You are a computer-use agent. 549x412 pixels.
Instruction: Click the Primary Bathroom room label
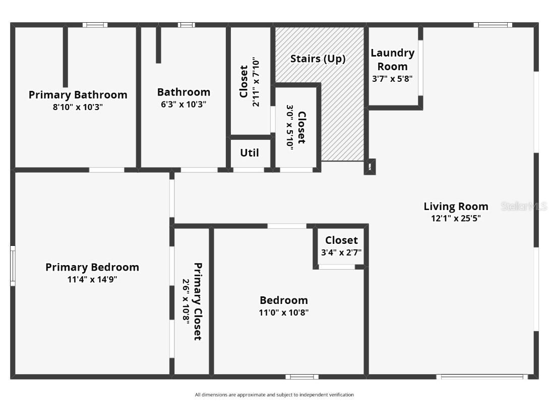[x=78, y=95]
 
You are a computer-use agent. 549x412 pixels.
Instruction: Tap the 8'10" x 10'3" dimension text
[x=78, y=107]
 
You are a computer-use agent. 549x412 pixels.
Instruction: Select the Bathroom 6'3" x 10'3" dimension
[x=183, y=105]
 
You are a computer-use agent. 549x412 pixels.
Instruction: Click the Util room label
[x=250, y=152]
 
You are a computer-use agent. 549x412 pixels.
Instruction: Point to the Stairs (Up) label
[x=318, y=59]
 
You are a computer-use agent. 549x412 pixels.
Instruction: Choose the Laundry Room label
[x=392, y=60]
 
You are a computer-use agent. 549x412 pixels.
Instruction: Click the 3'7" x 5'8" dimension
[x=392, y=79]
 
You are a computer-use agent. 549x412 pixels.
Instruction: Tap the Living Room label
[x=456, y=206]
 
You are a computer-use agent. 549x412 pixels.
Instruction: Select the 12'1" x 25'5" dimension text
[x=456, y=218]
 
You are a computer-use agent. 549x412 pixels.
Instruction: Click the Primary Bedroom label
[x=92, y=267]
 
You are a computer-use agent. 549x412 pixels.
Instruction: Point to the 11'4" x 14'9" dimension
[x=92, y=279]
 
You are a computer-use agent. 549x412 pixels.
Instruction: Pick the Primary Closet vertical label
[x=198, y=301]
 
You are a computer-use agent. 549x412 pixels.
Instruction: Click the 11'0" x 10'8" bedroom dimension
[x=283, y=313]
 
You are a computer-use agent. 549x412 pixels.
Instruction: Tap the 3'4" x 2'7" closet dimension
[x=341, y=252]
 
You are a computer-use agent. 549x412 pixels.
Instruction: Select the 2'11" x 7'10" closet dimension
[x=256, y=82]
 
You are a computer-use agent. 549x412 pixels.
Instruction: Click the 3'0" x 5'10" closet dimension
[x=290, y=126]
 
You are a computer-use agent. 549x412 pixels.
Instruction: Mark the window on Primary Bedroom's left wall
[x=13, y=266]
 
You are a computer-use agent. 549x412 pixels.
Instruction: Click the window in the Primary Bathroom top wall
[x=95, y=25]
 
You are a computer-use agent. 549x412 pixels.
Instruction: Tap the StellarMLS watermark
[x=524, y=206]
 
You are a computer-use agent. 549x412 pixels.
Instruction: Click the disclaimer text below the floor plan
[x=274, y=395]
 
